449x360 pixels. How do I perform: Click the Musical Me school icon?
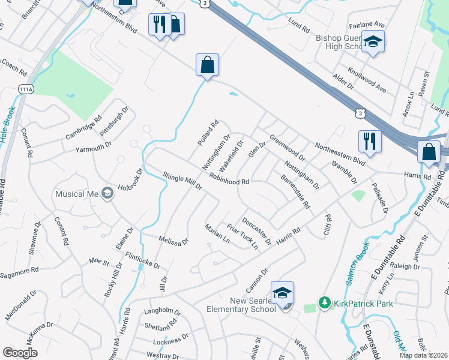(107, 193)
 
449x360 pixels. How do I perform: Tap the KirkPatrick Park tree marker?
(325, 303)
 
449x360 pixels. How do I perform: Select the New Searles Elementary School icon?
(282, 293)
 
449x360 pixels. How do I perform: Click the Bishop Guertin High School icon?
(373, 41)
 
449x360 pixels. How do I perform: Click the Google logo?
(20, 353)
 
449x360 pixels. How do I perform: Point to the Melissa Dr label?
(173, 241)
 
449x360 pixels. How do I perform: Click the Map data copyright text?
(423, 355)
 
